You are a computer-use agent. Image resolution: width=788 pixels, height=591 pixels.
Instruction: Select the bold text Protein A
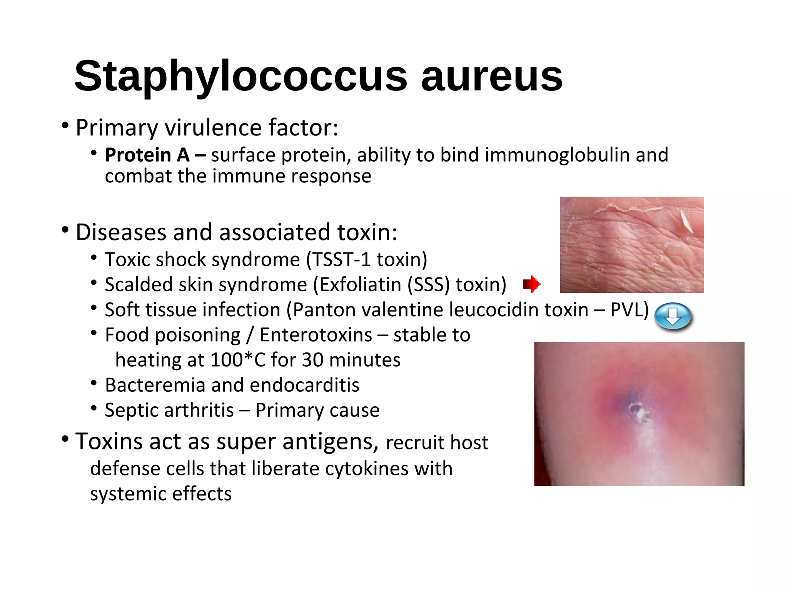coord(147,155)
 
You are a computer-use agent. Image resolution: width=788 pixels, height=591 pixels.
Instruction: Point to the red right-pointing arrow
coord(532,284)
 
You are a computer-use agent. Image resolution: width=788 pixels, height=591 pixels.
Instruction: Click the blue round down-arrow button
coord(673,316)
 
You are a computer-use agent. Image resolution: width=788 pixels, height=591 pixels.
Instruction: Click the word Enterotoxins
coord(316,335)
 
